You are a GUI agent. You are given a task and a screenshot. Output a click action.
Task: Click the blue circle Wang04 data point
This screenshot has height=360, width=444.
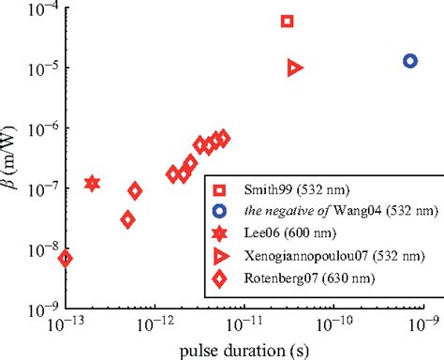tap(410, 61)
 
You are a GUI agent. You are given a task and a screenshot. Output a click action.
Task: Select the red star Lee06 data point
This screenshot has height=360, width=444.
tap(92, 183)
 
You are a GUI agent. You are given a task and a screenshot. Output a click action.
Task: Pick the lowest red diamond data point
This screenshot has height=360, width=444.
tap(65, 259)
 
